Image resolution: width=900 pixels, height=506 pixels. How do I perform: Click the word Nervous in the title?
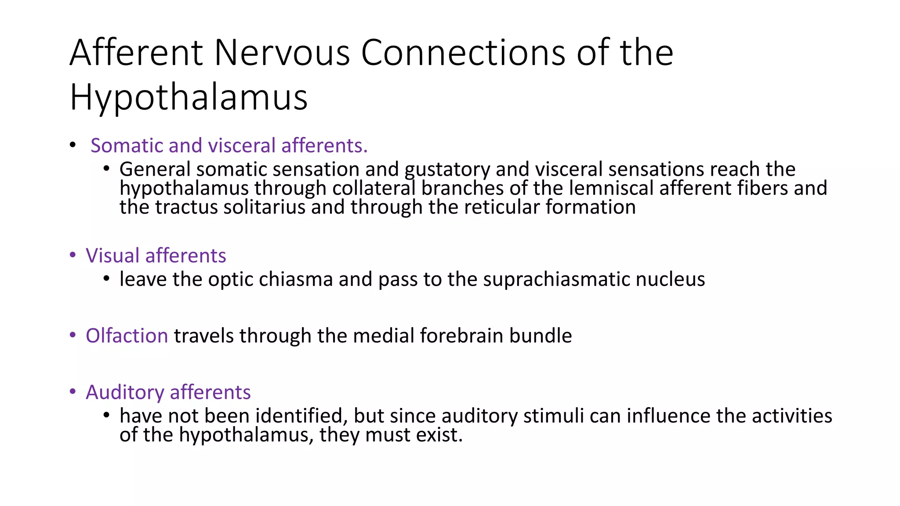[x=282, y=53]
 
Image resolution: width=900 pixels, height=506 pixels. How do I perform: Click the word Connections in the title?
[x=463, y=53]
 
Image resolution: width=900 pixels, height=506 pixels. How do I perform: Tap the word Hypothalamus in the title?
[x=189, y=98]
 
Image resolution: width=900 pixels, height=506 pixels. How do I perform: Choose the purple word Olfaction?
[x=127, y=336]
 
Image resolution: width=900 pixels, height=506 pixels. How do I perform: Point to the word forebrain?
[x=461, y=336]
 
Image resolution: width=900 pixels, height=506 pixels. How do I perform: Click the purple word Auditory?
[x=124, y=392]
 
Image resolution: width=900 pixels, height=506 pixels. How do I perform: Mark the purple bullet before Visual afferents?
[x=73, y=255]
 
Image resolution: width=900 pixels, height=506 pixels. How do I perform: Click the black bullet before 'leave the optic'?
[x=106, y=279]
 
